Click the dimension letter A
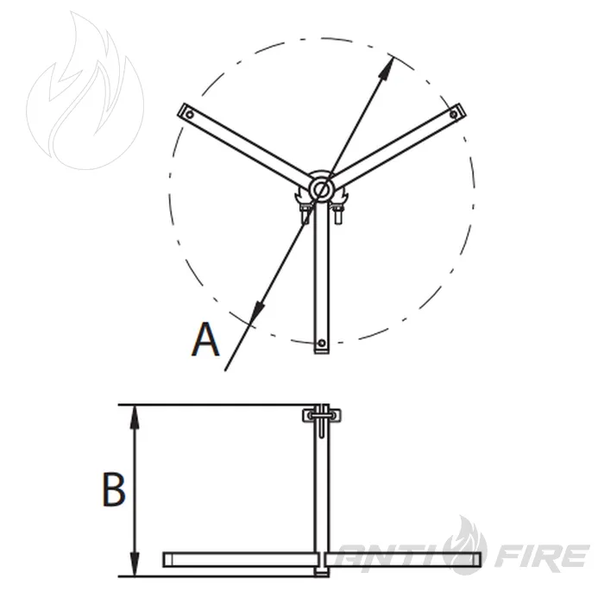(x=205, y=339)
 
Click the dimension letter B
(x=114, y=489)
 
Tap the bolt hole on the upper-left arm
(x=190, y=115)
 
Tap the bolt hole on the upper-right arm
(x=454, y=115)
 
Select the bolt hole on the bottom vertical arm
(x=321, y=343)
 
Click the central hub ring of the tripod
(x=321, y=189)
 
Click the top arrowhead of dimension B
(x=134, y=417)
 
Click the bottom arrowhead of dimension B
(x=134, y=564)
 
